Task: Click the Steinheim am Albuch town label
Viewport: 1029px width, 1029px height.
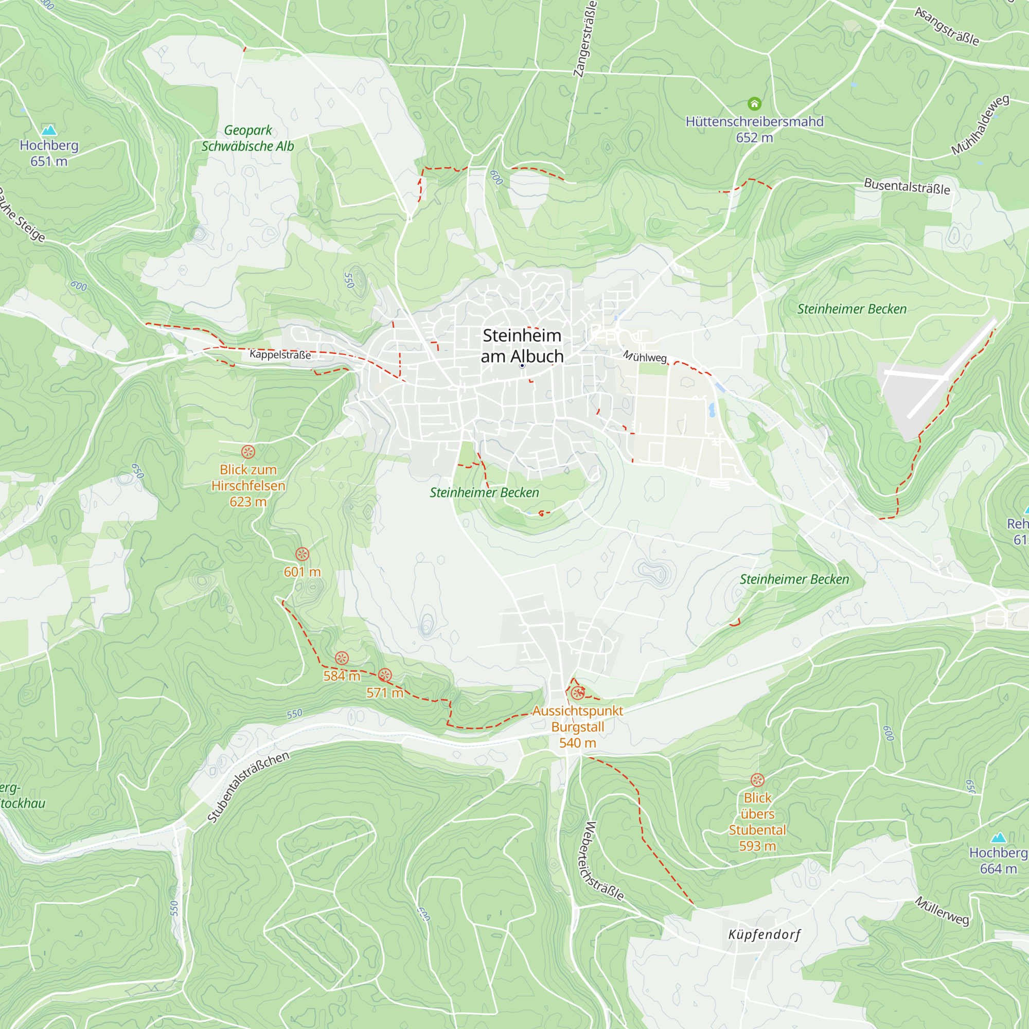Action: pos(522,346)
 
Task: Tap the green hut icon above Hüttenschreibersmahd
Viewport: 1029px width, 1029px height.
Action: pos(754,103)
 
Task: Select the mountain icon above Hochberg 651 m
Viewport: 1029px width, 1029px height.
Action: pos(49,130)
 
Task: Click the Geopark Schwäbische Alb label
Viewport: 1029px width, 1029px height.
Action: pos(247,138)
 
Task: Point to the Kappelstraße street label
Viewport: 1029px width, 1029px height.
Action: pos(280,354)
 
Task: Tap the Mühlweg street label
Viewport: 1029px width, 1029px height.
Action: pos(645,357)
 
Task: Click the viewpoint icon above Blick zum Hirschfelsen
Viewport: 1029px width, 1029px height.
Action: pos(248,452)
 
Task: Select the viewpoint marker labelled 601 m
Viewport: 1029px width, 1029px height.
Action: pos(303,554)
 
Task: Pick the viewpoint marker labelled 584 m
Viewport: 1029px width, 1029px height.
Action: pos(342,659)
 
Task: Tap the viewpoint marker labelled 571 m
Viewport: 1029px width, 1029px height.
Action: pos(385,676)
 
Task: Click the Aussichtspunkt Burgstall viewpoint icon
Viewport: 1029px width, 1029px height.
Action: pos(578,693)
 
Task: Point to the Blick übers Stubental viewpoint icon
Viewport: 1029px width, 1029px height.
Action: pos(757,780)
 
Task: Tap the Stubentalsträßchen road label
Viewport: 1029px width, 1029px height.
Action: pos(248,787)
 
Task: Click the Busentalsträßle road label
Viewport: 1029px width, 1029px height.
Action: pos(907,186)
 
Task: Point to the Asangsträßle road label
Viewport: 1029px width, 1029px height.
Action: pos(947,27)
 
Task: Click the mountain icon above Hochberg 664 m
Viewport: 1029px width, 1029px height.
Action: pos(998,838)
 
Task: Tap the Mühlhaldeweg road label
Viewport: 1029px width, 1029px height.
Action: pos(980,125)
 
